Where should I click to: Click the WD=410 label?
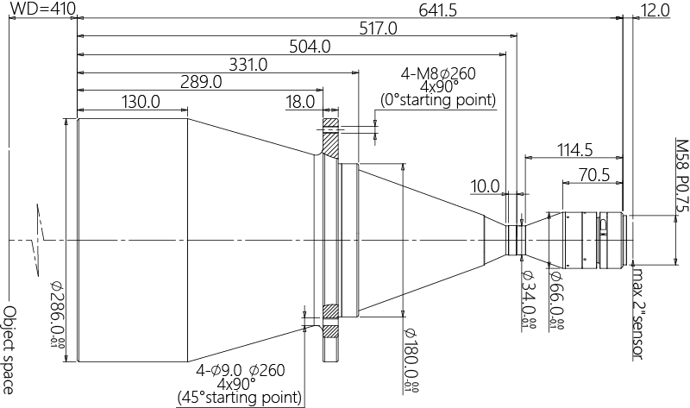42,9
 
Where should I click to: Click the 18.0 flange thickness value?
299,101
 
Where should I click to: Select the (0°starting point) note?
438,101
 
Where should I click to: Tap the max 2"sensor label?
638,315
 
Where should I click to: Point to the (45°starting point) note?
240,398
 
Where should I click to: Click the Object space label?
9,348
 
